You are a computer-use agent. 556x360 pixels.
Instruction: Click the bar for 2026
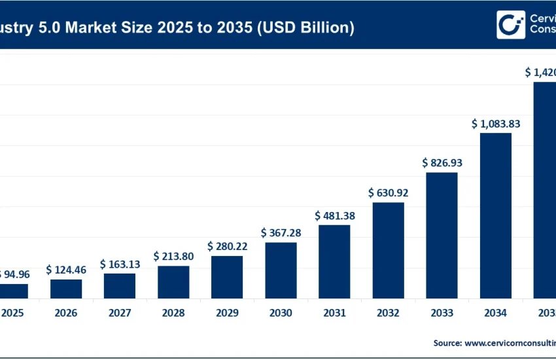coord(66,289)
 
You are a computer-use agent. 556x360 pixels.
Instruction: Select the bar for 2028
coord(173,282)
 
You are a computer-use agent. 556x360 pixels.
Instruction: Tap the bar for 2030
coord(281,270)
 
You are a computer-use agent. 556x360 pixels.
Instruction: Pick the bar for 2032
coord(389,250)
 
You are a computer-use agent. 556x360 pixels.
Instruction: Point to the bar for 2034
coord(496,215)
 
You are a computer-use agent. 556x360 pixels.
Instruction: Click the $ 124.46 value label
coord(66,270)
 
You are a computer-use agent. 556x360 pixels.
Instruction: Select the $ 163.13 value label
coord(120,264)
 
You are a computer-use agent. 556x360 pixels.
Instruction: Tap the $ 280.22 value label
coord(227,246)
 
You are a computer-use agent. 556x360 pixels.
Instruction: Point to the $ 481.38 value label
coord(335,215)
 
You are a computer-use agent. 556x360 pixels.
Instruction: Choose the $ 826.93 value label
coord(442,162)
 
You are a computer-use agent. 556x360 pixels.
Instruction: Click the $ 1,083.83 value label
coord(496,123)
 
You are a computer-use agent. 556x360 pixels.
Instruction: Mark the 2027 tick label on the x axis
coord(120,313)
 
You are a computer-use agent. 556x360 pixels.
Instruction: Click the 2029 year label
coord(227,313)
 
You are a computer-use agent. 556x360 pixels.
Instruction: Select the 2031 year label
coord(335,313)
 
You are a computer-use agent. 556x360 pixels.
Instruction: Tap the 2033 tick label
coord(442,313)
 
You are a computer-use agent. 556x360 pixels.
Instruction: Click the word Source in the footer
coord(447,342)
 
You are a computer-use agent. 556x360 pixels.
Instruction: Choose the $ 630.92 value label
coord(389,193)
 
